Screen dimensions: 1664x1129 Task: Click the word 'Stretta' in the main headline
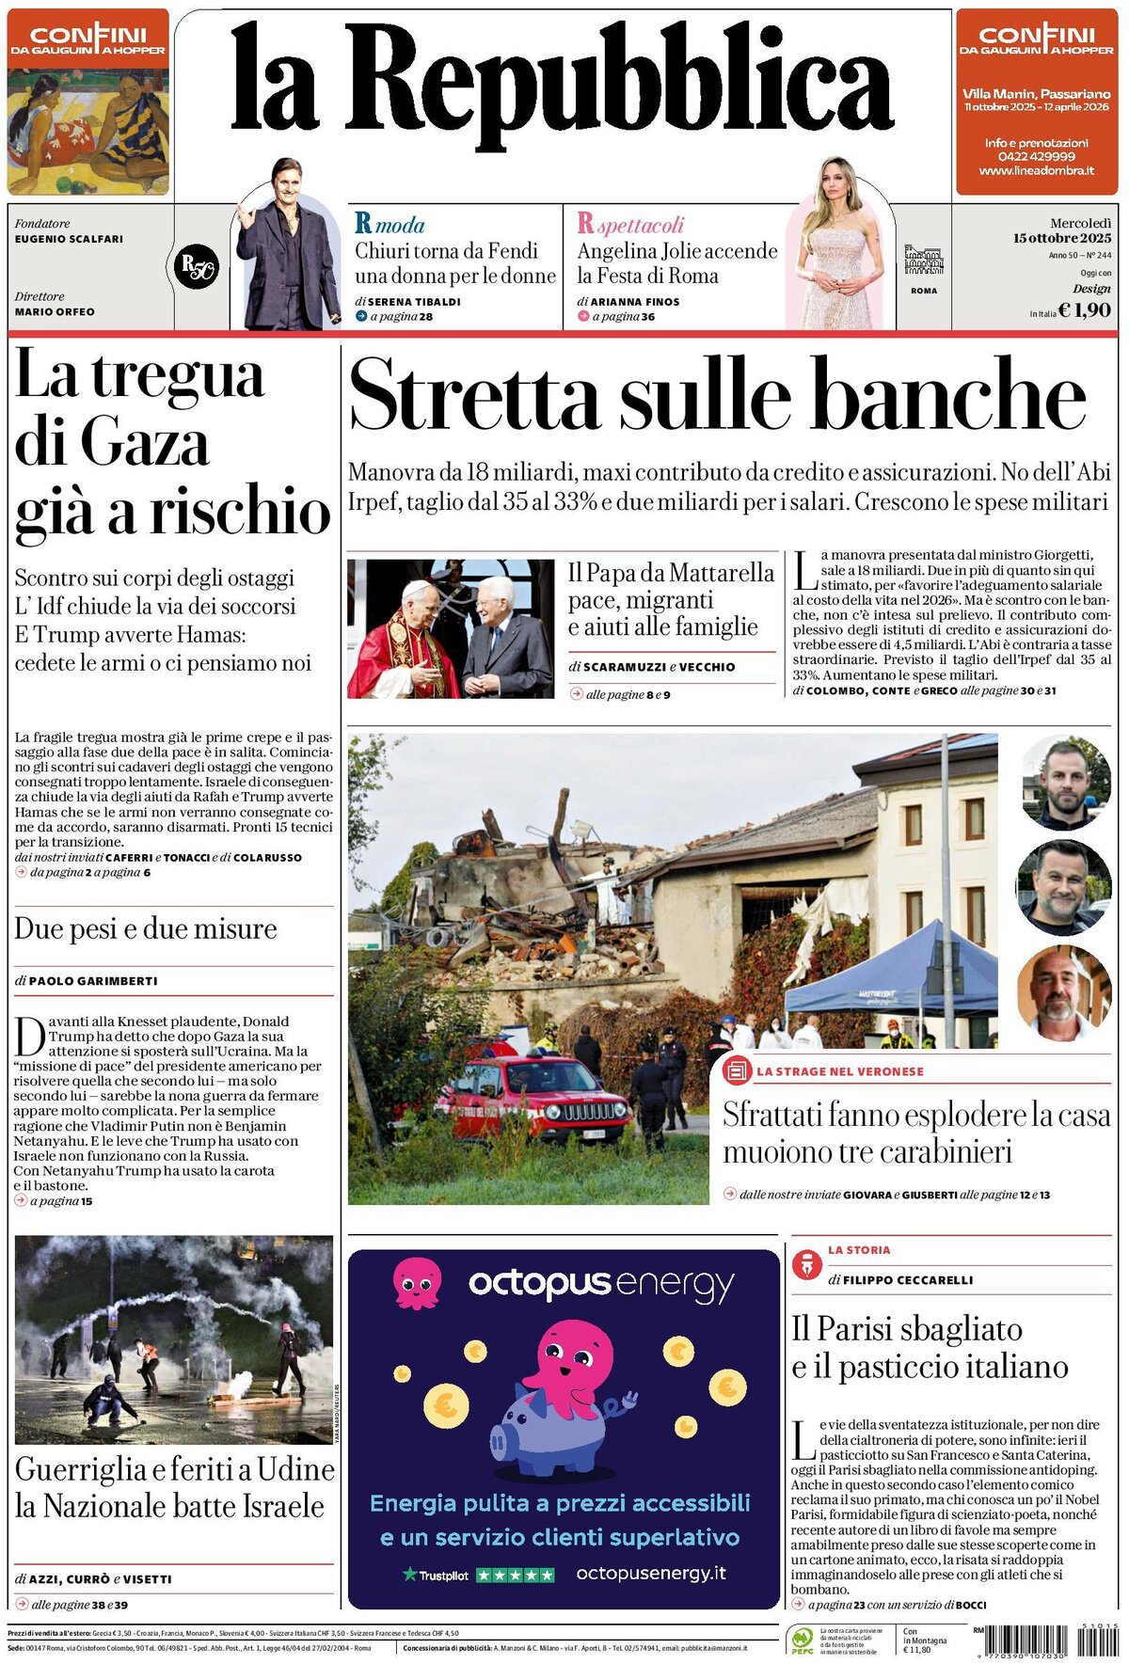click(x=473, y=396)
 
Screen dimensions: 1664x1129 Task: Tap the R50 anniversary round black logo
click(x=197, y=267)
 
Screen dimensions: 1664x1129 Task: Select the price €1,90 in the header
click(x=1084, y=310)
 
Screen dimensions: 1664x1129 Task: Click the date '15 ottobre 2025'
click(x=1062, y=238)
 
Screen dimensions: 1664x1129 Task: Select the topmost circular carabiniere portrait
click(x=1065, y=784)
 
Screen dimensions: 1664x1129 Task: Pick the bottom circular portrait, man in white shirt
click(x=1064, y=991)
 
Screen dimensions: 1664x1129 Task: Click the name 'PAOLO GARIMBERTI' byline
click(x=93, y=980)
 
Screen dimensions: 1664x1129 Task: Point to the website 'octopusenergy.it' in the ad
click(x=651, y=1573)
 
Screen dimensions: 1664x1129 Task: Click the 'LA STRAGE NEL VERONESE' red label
click(x=839, y=1071)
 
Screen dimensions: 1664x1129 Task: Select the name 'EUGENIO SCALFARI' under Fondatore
click(x=69, y=239)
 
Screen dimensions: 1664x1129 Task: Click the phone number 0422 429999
click(x=1036, y=156)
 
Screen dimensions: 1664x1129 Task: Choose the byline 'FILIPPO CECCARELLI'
click(x=908, y=1280)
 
